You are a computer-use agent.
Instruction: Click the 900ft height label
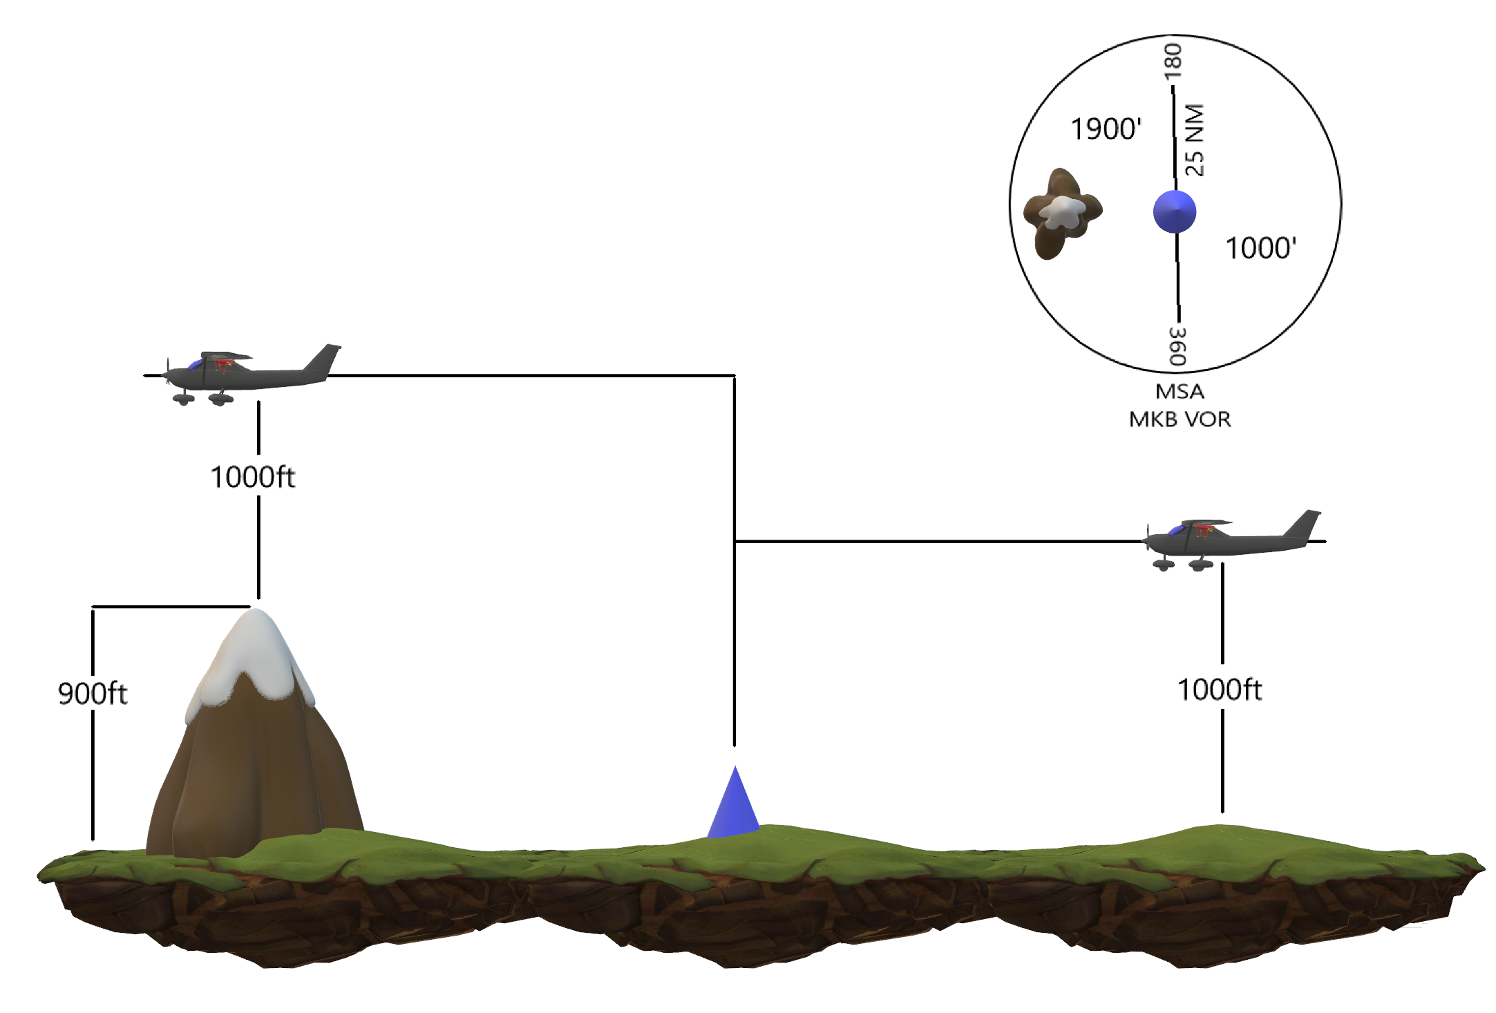93,693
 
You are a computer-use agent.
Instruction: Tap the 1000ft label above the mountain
252,477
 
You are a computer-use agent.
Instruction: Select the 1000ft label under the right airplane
1220,689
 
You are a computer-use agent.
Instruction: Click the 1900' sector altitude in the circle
1106,129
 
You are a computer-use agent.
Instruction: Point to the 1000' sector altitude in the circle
1260,248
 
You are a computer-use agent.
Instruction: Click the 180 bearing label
1173,60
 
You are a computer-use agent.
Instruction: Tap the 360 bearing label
1177,345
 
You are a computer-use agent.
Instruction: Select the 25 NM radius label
1194,140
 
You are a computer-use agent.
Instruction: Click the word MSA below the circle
1180,392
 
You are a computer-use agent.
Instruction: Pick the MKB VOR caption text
1180,419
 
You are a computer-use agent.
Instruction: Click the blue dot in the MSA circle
1175,211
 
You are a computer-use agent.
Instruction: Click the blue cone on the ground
734,805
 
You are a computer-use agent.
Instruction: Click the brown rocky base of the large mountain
256,774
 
